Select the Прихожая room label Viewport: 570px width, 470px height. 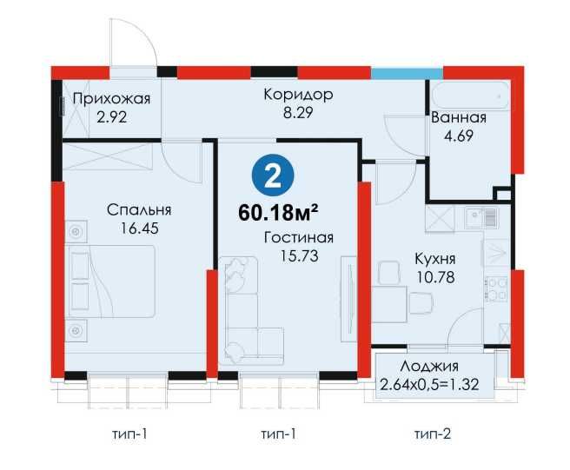111,98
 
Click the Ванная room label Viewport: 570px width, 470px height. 458,118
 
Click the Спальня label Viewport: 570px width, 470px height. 139,209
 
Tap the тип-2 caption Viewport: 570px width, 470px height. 432,432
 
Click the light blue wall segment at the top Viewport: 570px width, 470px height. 395,72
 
